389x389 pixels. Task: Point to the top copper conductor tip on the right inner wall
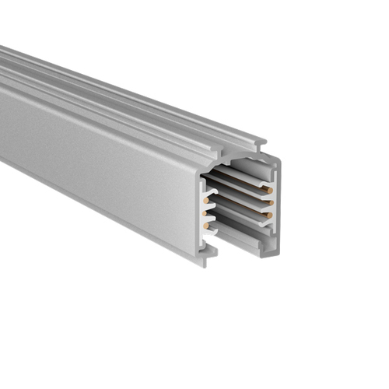[269, 189]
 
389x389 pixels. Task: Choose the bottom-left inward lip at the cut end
[209, 249]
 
